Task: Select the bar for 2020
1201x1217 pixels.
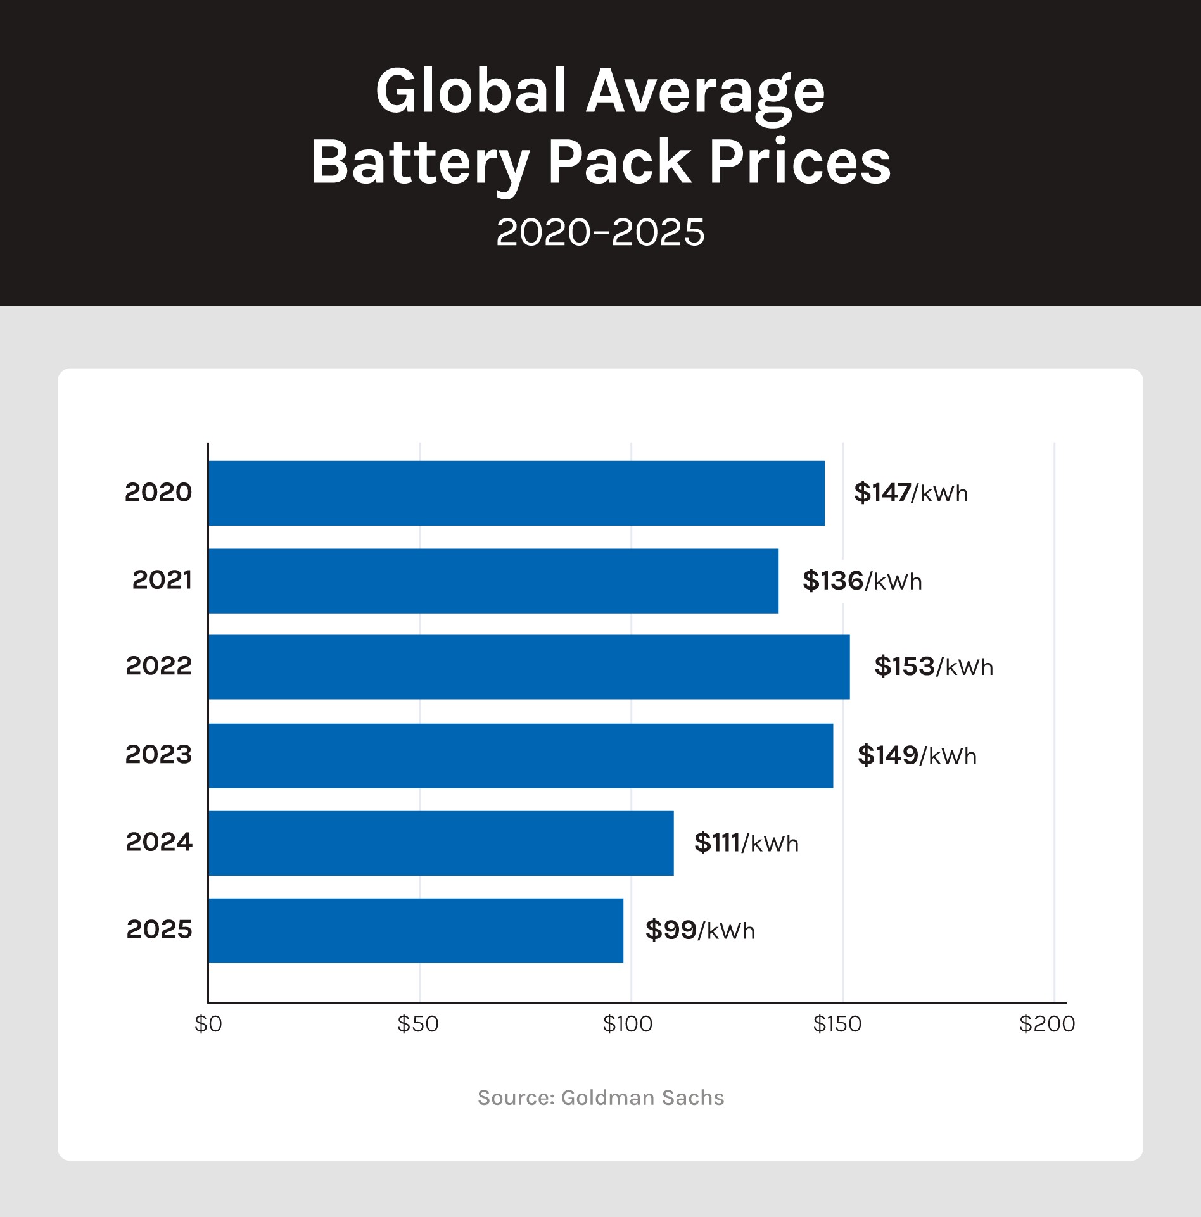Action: (516, 493)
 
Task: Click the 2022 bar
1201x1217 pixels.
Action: (529, 667)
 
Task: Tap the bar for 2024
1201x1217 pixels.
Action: (441, 843)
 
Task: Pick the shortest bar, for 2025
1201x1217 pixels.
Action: (416, 930)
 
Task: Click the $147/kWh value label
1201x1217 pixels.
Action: (911, 493)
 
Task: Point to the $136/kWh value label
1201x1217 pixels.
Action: (862, 581)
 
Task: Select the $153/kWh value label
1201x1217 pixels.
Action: (934, 667)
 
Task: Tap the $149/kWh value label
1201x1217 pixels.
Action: (917, 755)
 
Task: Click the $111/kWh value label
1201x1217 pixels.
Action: (746, 843)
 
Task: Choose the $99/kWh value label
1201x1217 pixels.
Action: (700, 930)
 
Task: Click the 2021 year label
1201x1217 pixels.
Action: (162, 580)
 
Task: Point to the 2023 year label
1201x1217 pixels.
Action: (158, 755)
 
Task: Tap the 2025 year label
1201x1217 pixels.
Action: (159, 930)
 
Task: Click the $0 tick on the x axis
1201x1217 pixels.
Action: (208, 1024)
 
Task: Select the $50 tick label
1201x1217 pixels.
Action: (418, 1024)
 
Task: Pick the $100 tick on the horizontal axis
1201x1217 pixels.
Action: (628, 1024)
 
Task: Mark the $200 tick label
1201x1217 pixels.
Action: (1047, 1024)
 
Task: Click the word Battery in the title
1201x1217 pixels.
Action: (420, 163)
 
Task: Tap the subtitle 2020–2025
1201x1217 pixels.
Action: (600, 232)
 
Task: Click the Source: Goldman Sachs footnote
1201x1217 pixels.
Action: (600, 1097)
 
